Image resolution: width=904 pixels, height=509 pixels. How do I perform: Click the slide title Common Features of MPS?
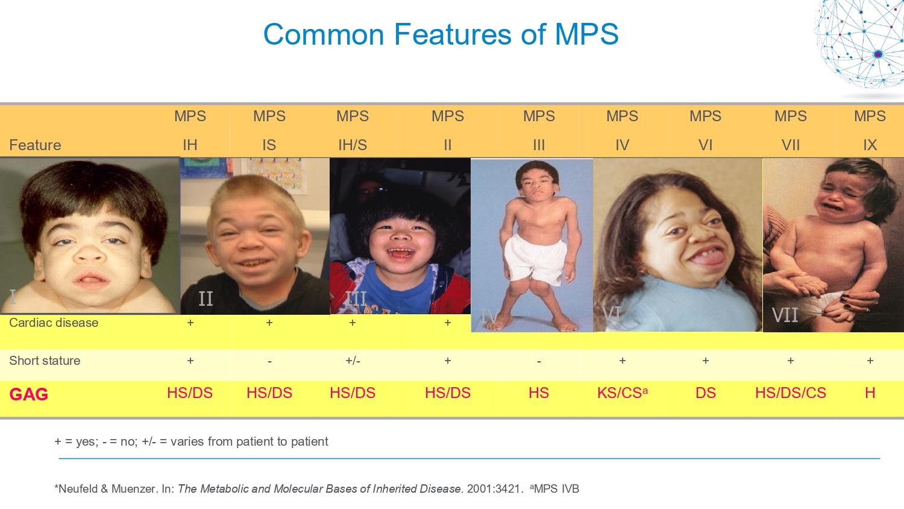pyautogui.click(x=441, y=34)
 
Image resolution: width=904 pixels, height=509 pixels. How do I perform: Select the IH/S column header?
pyautogui.click(x=353, y=145)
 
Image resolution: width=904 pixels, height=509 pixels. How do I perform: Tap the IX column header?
pyautogui.click(x=870, y=145)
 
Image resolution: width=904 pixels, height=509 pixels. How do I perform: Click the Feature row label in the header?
pyautogui.click(x=35, y=145)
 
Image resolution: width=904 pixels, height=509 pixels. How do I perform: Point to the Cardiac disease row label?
pyautogui.click(x=54, y=323)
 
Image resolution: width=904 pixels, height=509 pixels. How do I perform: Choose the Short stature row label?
pyautogui.click(x=45, y=360)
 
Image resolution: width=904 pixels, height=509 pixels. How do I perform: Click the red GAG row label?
pyautogui.click(x=29, y=394)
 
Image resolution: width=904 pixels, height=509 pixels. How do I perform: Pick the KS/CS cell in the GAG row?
pyautogui.click(x=623, y=393)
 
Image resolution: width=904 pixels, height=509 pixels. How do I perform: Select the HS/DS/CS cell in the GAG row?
pyautogui.click(x=791, y=393)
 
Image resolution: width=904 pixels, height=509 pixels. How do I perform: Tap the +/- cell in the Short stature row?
pyautogui.click(x=353, y=360)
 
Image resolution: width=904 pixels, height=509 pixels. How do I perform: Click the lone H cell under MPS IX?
pyautogui.click(x=870, y=393)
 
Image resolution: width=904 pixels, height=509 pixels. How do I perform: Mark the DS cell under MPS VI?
pyautogui.click(x=706, y=393)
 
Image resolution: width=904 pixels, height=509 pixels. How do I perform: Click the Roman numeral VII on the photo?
pyautogui.click(x=785, y=315)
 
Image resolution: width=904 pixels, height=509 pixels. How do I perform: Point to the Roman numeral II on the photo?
pyautogui.click(x=206, y=299)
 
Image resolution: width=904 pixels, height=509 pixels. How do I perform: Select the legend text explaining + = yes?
pyautogui.click(x=191, y=441)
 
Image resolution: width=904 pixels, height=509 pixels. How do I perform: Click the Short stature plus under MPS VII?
pyautogui.click(x=791, y=360)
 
